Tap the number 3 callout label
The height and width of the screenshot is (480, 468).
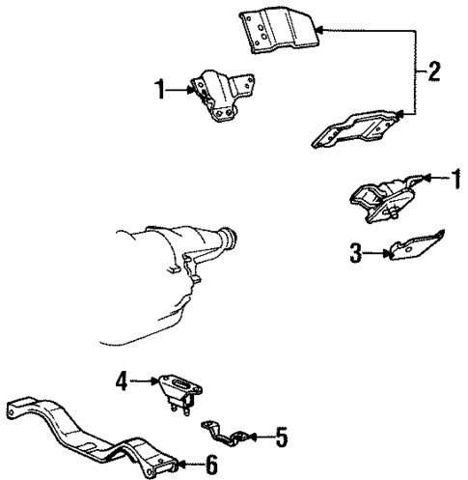click(x=356, y=255)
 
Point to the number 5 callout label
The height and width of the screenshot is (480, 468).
click(x=280, y=438)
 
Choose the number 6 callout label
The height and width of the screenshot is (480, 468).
click(x=211, y=466)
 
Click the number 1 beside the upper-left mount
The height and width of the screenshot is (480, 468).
click(x=160, y=92)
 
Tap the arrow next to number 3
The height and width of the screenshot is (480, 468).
click(x=378, y=255)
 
